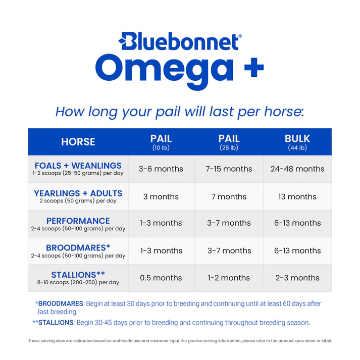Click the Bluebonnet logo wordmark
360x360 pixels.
(x=180, y=42)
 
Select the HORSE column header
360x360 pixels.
(x=78, y=142)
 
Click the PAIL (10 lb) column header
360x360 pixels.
(x=161, y=142)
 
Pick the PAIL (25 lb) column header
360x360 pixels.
(x=229, y=142)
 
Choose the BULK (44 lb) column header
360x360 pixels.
(x=297, y=142)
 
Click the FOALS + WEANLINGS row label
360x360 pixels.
(x=78, y=166)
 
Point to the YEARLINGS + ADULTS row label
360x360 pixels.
(x=78, y=193)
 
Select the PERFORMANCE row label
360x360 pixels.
(x=78, y=221)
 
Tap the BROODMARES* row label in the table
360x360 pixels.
(x=78, y=248)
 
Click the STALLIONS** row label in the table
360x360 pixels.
(x=78, y=275)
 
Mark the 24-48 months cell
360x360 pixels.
(x=297, y=169)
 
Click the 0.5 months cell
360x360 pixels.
(x=161, y=278)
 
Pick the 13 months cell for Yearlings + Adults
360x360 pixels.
(x=297, y=196)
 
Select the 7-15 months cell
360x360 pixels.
(x=229, y=169)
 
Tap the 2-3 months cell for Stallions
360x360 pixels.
(x=297, y=278)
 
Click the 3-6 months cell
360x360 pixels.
(x=161, y=169)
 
